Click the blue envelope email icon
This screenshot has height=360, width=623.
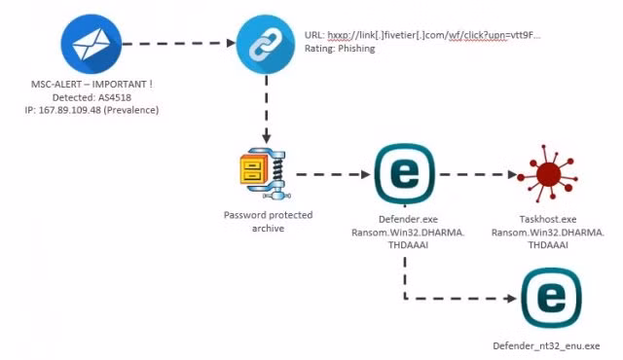click(x=91, y=44)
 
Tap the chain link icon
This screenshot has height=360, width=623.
click(x=266, y=44)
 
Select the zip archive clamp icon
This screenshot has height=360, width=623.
click(x=265, y=173)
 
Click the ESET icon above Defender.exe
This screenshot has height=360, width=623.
click(x=405, y=174)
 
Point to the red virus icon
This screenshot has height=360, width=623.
click(x=548, y=174)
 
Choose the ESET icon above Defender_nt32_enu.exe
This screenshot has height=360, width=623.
click(x=551, y=298)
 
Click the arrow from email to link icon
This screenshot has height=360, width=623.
click(x=179, y=43)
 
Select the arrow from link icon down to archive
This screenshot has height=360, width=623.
click(x=266, y=109)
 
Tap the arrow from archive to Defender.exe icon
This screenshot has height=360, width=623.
click(x=333, y=174)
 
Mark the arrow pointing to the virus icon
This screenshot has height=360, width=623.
click(x=478, y=174)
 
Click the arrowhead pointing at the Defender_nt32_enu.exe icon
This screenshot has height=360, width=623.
click(x=512, y=298)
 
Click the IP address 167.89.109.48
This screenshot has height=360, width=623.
click(x=69, y=110)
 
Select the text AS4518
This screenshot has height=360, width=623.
click(x=115, y=97)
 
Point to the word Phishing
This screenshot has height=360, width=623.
click(x=356, y=49)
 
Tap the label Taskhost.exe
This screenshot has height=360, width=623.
click(x=547, y=219)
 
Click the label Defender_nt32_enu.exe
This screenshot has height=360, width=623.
click(x=546, y=345)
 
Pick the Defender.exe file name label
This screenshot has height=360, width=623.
click(x=408, y=219)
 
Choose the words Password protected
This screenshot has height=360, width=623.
click(x=269, y=215)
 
